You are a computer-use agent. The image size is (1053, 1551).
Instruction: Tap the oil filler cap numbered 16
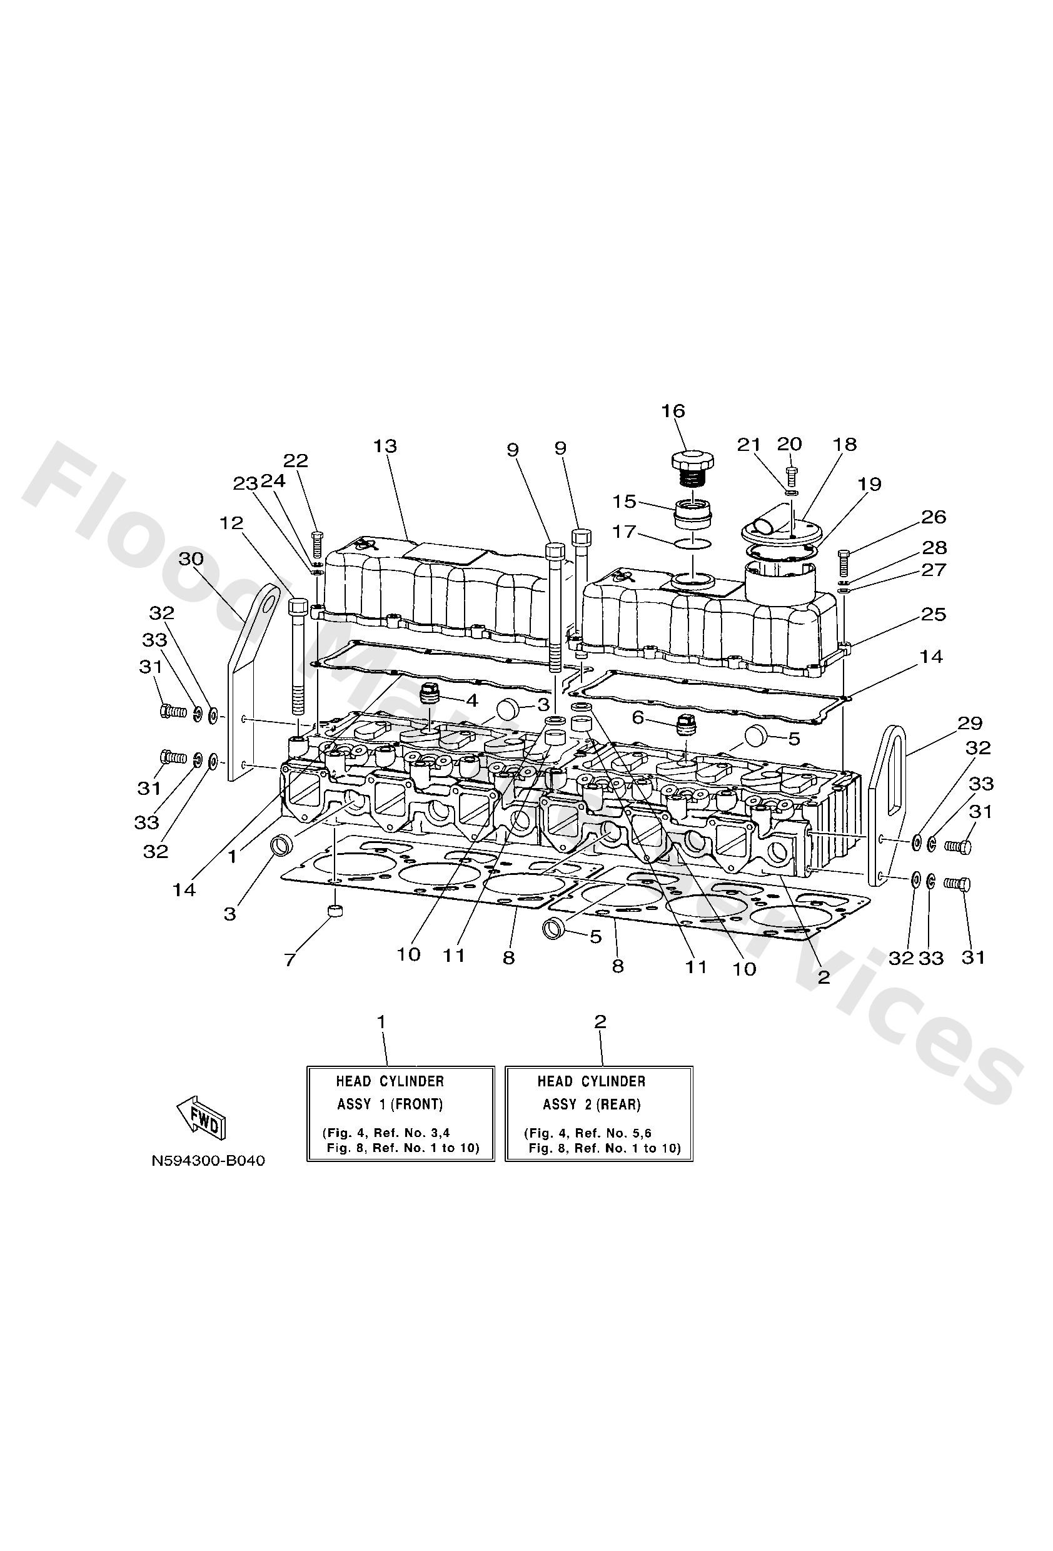coord(692,461)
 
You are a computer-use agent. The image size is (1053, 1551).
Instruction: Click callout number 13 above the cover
coord(385,446)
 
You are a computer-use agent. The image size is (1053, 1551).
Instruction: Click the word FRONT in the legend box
coord(416,1104)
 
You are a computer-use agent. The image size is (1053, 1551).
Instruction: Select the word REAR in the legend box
coord(620,1104)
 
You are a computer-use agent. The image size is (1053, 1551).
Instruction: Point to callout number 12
coord(231,523)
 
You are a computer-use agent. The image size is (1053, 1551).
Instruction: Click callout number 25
coord(933,614)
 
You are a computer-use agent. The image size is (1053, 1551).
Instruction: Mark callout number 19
coord(870,484)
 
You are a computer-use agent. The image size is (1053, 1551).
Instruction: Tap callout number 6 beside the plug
coord(638,717)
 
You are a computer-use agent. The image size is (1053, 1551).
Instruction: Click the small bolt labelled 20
coord(791,475)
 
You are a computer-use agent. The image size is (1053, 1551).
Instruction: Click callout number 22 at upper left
coord(296,460)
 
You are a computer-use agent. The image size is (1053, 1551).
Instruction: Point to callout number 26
coord(934,517)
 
